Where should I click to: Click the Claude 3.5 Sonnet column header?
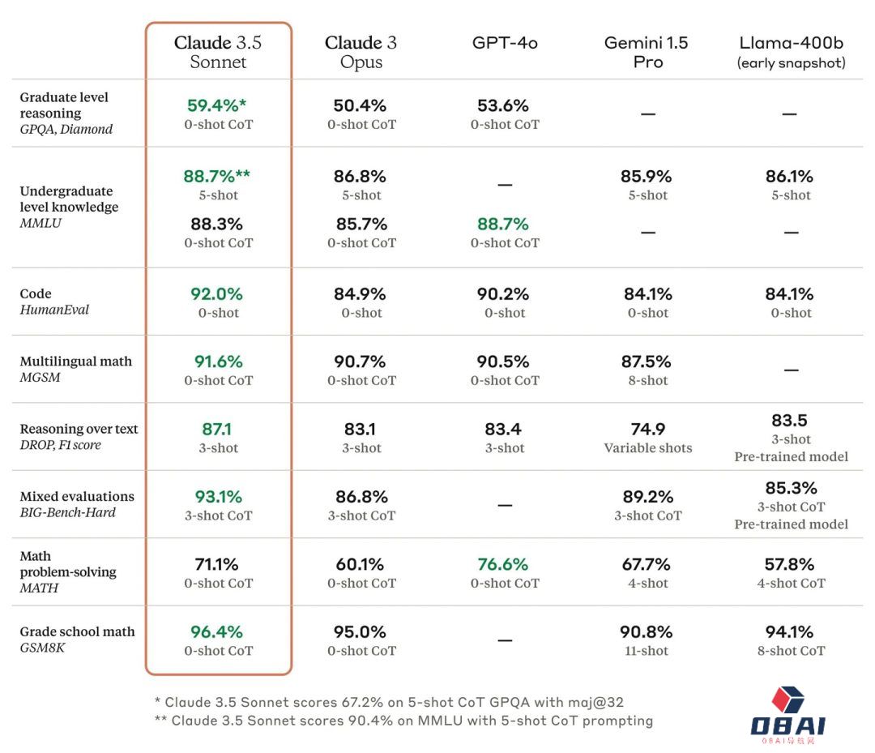coord(218,52)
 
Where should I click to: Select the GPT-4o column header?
coord(505,43)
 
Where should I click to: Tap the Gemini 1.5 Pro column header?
coord(647,52)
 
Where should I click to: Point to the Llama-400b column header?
coord(791,51)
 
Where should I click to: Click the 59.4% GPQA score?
coord(216,105)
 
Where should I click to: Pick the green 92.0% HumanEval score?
coord(218,294)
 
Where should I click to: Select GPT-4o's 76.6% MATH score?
coord(504,564)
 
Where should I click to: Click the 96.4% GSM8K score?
coord(217,631)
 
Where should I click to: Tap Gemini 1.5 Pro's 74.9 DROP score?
coord(647,429)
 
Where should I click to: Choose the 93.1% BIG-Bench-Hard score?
coord(218,496)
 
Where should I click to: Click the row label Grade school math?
coord(77,631)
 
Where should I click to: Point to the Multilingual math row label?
coord(75,362)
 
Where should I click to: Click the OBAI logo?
coord(787,713)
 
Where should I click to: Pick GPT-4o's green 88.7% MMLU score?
coord(504,224)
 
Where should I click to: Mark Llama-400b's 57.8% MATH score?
coord(791,564)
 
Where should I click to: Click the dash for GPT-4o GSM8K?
coord(505,640)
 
